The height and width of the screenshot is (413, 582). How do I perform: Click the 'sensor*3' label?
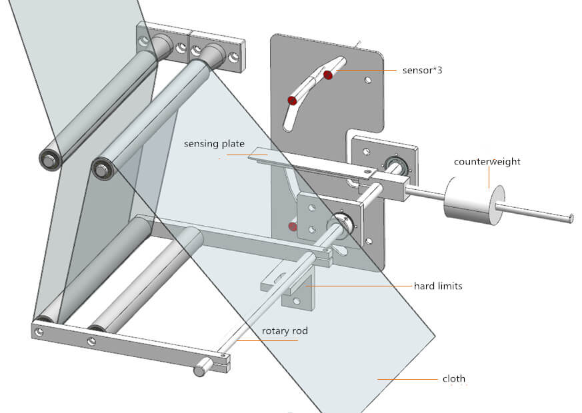point(423,70)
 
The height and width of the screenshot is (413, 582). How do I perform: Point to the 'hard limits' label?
point(438,286)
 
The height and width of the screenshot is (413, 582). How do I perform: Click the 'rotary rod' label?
point(285,331)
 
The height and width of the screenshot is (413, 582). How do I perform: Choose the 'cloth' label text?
point(454,379)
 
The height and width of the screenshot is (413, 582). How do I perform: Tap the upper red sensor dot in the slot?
point(328,75)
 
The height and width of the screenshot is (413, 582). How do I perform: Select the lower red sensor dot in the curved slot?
point(291,101)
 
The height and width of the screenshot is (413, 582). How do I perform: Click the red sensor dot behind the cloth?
point(293,226)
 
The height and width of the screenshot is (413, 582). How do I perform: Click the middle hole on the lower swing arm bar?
point(91,341)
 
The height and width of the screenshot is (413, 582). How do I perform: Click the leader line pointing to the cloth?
point(407,379)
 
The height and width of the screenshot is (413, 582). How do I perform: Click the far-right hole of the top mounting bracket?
point(233,59)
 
